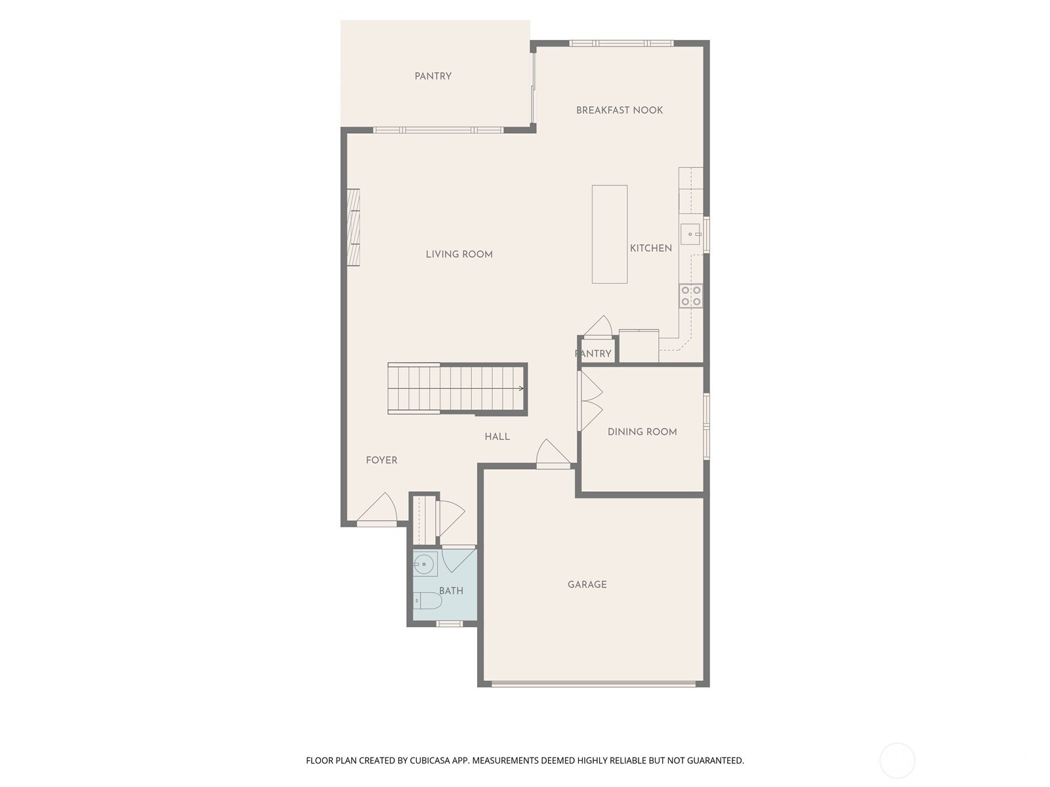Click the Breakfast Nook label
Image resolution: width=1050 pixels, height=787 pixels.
[x=619, y=110]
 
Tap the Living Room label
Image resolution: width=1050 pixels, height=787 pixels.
[x=459, y=254]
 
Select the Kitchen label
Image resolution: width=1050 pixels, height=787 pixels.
[x=650, y=248]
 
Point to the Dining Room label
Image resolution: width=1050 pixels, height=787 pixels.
[x=642, y=432]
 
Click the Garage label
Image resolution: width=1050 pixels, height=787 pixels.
[x=587, y=584]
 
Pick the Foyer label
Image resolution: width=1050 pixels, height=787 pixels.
[x=381, y=460]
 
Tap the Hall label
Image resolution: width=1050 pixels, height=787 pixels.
[x=497, y=437]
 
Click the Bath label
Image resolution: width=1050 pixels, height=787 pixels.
[x=451, y=591]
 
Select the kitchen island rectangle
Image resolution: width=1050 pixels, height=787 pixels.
[x=610, y=234]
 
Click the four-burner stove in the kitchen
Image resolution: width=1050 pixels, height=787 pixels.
[x=691, y=296]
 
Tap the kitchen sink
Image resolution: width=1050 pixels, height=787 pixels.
[x=690, y=234]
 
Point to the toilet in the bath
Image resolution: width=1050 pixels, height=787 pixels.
[x=426, y=601]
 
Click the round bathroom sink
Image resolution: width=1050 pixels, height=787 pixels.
[x=423, y=564]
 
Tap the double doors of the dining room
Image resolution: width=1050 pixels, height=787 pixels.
[x=590, y=401]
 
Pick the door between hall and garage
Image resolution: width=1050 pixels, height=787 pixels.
[x=553, y=453]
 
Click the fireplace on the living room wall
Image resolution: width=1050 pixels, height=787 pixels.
[x=353, y=228]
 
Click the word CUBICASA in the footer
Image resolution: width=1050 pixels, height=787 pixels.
[x=430, y=761]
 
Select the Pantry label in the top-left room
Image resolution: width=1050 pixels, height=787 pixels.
[x=433, y=76]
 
